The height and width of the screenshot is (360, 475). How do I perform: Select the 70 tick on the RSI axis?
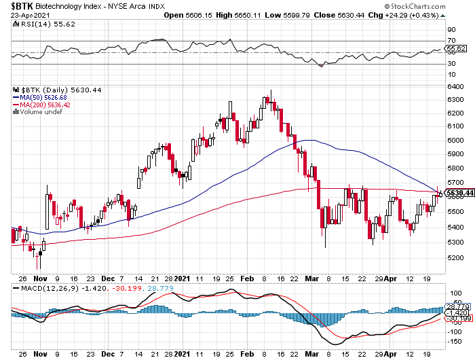tap(450, 41)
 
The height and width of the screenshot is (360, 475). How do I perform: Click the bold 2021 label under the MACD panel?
tap(183, 353)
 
